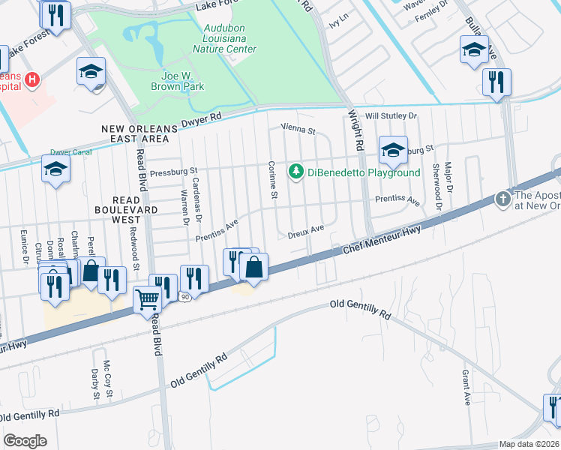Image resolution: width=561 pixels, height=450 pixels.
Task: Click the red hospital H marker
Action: click(x=32, y=79)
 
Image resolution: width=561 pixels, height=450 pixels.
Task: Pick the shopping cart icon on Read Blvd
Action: click(x=148, y=299)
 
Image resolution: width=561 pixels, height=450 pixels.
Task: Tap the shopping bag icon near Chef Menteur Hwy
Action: click(x=254, y=266)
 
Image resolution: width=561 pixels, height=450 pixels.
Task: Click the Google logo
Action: click(x=25, y=441)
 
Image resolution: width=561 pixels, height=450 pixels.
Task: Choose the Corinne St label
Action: click(x=274, y=181)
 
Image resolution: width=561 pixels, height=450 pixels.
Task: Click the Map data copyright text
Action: click(x=528, y=444)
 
